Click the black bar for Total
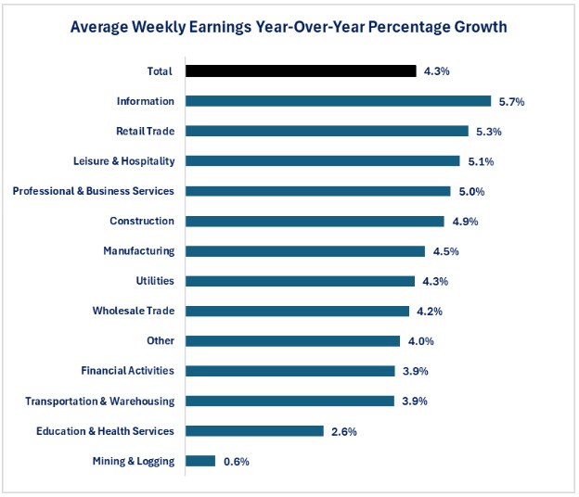tap(301, 70)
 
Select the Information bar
tap(338, 101)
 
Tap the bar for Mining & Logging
tap(200, 461)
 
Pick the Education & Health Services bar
tap(254, 431)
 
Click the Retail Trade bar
tap(327, 131)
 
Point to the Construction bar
tap(315, 221)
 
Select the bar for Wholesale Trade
tap(297, 311)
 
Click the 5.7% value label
tap(510, 101)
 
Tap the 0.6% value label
tap(236, 461)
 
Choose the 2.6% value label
tap(343, 431)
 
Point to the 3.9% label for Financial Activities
tap(415, 371)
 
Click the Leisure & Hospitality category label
tap(123, 161)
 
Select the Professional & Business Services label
tap(93, 191)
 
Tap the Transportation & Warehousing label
tap(99, 401)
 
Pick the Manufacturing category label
tap(138, 251)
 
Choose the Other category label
tap(161, 341)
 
